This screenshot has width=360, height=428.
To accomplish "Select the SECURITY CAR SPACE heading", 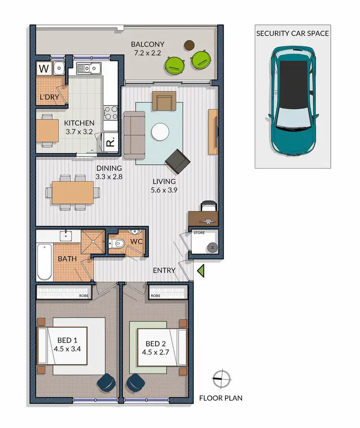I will click(293, 33).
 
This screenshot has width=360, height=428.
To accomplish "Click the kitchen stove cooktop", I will click(111, 112).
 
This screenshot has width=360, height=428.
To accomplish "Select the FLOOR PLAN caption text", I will click(221, 398).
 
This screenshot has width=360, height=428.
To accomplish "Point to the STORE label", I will click(199, 233).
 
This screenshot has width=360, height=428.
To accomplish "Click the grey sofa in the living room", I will click(134, 135).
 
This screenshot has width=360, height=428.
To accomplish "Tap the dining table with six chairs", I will click(73, 192).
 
